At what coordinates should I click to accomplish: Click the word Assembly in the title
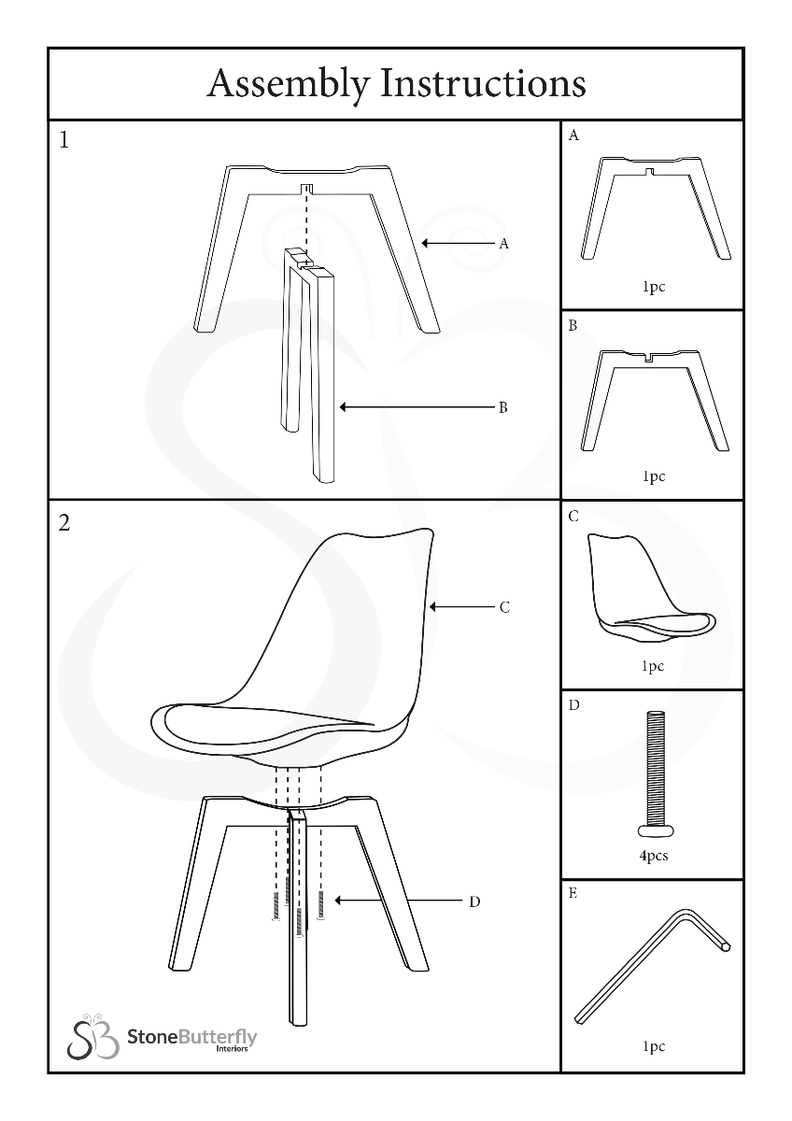[290, 84]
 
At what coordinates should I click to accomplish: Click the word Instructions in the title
[483, 83]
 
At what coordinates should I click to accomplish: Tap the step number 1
[64, 140]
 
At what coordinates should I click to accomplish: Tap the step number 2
[64, 523]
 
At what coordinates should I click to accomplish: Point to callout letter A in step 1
[503, 244]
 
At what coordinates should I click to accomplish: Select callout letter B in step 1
[503, 407]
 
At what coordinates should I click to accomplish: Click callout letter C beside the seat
[504, 607]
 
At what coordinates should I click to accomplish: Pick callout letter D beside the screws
[474, 901]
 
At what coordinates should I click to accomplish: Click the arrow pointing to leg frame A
[458, 244]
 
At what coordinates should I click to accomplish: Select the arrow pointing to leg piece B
[417, 407]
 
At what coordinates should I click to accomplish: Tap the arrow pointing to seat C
[461, 607]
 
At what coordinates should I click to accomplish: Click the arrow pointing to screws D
[399, 901]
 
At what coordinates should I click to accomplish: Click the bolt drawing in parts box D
[656, 774]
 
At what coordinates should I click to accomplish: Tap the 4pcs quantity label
[654, 856]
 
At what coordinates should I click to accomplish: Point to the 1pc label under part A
[654, 287]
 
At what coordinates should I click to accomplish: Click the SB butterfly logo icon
[93, 1037]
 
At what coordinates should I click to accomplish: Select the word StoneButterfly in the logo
[192, 1037]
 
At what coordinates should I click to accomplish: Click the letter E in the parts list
[573, 893]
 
